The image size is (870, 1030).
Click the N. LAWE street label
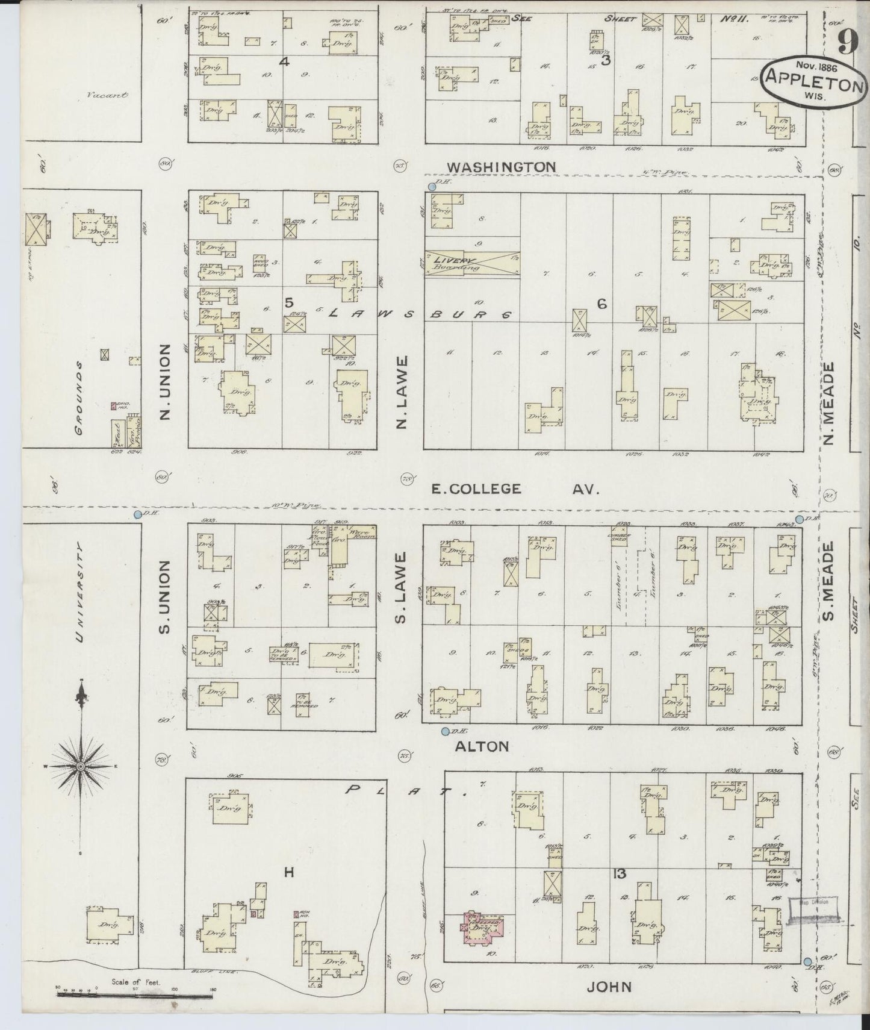[402, 392]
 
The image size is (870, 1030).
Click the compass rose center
[80, 766]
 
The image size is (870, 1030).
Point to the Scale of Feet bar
[135, 995]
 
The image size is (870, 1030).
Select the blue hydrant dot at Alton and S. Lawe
[445, 731]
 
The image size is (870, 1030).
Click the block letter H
[289, 872]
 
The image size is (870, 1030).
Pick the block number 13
[619, 873]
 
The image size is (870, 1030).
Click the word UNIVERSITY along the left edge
[80, 593]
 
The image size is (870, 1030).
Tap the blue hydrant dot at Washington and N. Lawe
[432, 187]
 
